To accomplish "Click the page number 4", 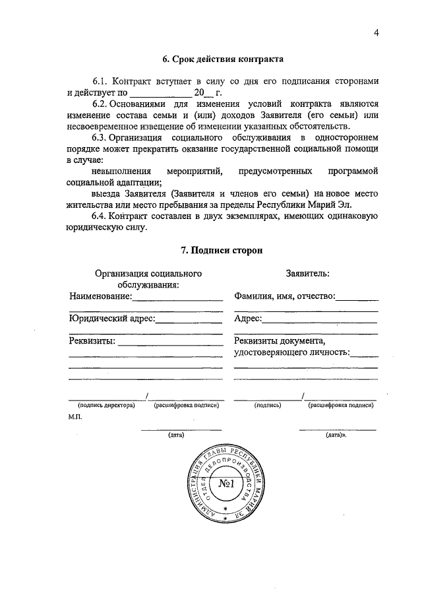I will tap(376, 33).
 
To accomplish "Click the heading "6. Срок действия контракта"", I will tap(224, 59).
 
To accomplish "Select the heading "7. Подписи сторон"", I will tap(223, 251).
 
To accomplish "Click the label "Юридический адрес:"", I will tap(111, 319).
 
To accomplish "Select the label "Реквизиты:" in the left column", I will tap(92, 341).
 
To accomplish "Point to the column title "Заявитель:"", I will tap(308, 272).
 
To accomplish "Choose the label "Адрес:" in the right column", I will tap(248, 319).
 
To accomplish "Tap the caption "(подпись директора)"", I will tap(105, 405).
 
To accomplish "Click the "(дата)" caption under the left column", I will tap(176, 435).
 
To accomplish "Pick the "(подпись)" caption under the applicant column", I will tap(268, 405).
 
